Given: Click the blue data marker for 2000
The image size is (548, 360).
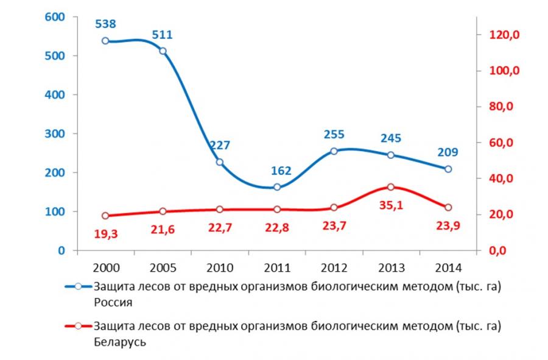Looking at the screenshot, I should point(105,41).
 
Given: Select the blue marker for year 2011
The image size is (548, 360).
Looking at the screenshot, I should point(277,187).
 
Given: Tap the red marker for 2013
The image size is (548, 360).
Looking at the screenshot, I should point(391,187).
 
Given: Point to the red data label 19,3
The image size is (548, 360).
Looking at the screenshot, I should point(105,233).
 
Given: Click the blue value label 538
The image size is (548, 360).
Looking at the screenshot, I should point(105,25).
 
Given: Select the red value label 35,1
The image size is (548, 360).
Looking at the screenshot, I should point(391,206).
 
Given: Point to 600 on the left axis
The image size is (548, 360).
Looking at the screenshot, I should point(55,17).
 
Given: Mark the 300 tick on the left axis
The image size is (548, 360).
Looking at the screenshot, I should point(55,133).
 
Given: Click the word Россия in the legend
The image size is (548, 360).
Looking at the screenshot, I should point(113,301).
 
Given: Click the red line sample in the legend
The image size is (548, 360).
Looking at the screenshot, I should point(77,326).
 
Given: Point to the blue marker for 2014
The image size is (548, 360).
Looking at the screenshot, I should point(448,169).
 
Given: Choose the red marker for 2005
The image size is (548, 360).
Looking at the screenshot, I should point(163,211).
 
